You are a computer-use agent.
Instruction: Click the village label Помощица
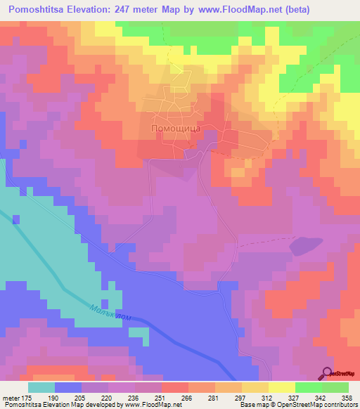pos(176,130)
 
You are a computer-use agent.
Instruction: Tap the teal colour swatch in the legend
pos(41,387)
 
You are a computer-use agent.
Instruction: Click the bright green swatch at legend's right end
pos(335,387)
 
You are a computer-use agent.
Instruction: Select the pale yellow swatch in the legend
pos(282,387)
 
